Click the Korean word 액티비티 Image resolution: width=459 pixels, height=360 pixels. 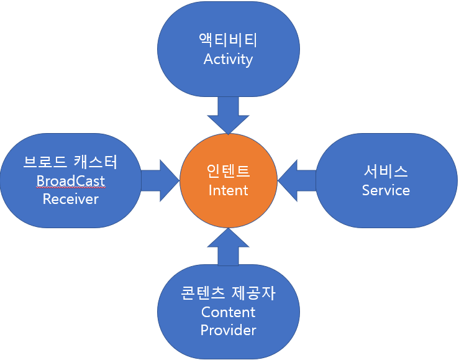[228, 40]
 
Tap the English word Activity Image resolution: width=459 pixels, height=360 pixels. [228, 60]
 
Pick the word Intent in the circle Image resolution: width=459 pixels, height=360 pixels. [228, 190]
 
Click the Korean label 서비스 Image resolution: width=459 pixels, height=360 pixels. [386, 171]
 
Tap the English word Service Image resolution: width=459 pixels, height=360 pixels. [386, 190]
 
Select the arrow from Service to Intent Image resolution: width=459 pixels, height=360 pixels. [296, 180]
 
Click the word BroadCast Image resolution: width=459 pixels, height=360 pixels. [70, 181]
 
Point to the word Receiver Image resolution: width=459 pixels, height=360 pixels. [70, 199]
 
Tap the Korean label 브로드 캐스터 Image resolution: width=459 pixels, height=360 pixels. [70, 162]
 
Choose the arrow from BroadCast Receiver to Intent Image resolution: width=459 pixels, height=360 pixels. [160, 180]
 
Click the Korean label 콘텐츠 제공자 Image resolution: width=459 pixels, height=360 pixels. [228, 293]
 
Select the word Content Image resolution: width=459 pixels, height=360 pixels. [228, 312]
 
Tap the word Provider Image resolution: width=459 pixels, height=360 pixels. [228, 330]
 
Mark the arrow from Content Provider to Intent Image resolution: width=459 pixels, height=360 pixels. [228, 246]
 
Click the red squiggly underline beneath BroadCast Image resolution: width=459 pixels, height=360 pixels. [70, 188]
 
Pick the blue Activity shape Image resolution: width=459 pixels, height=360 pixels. [228, 81]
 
